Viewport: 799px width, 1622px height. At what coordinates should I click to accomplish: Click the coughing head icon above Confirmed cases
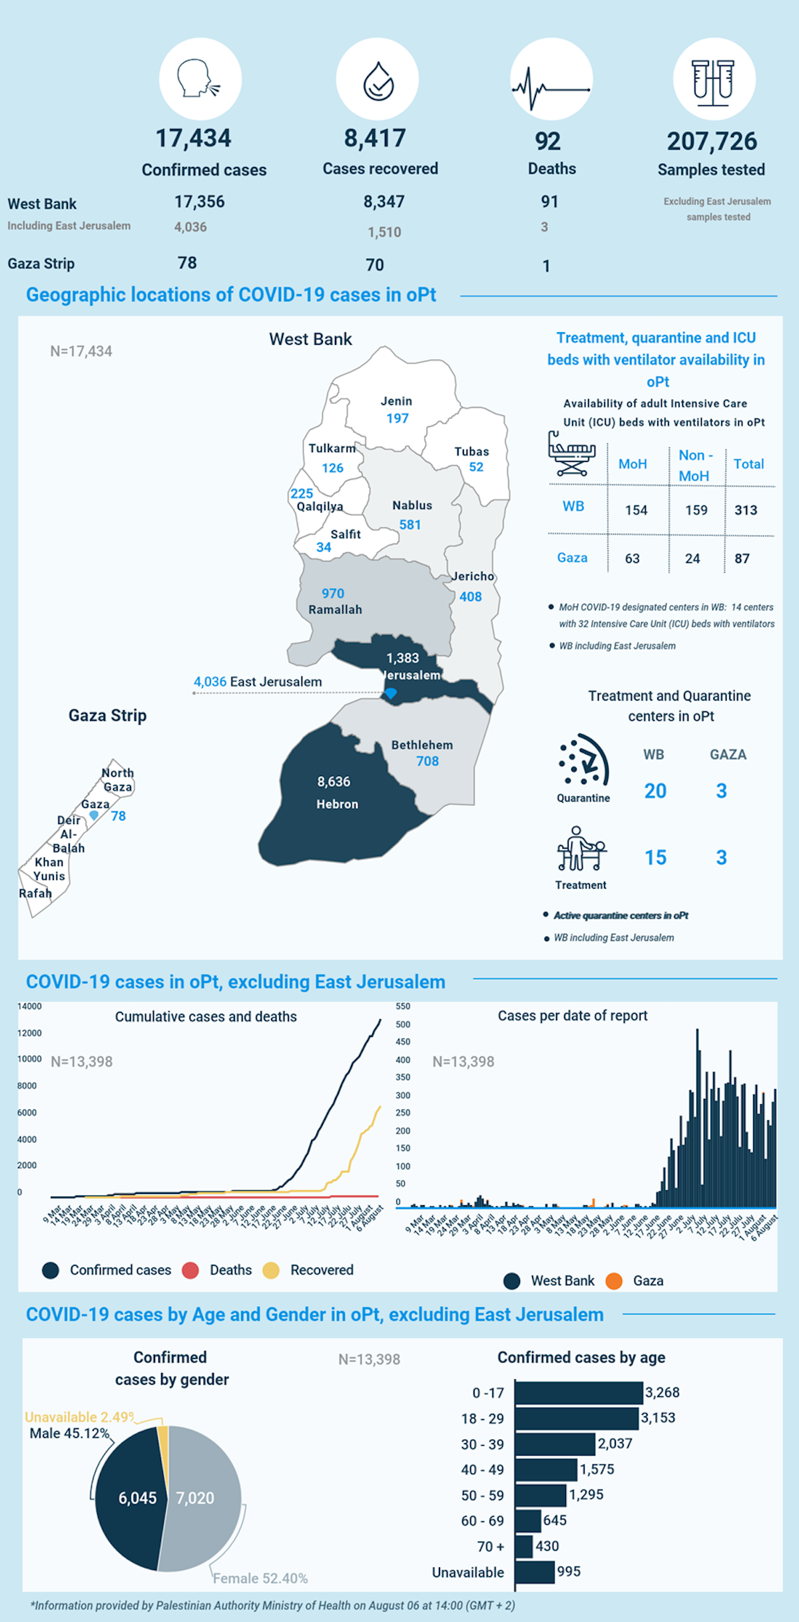point(199,79)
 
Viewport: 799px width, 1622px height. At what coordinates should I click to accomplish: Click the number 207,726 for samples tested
point(712,141)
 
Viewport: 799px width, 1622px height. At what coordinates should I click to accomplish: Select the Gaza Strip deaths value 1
point(546,266)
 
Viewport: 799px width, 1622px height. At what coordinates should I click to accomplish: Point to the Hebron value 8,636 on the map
point(334,781)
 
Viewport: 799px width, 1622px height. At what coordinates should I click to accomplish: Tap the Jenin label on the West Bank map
point(396,401)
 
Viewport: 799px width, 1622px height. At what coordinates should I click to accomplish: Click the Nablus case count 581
point(410,524)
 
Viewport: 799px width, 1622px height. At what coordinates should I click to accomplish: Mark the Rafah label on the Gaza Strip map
point(35,893)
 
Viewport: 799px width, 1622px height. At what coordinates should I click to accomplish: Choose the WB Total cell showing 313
point(746,510)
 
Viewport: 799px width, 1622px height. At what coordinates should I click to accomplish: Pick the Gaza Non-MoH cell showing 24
point(692,558)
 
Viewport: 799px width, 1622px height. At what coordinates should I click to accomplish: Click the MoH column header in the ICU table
point(633,464)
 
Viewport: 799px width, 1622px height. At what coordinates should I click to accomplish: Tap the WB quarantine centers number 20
point(655,791)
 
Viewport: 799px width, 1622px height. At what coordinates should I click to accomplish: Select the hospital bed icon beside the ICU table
point(571,454)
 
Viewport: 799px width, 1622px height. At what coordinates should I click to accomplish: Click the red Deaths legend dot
point(190,1270)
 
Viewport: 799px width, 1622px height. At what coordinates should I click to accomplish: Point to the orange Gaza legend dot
point(614,1281)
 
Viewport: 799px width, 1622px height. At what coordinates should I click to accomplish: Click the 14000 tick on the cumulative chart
point(29,1006)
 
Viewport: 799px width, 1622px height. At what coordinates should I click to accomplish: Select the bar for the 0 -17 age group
point(578,1393)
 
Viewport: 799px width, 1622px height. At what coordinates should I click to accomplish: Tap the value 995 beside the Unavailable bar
point(569,1571)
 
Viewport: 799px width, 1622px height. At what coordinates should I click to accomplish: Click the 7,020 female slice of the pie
point(195,1498)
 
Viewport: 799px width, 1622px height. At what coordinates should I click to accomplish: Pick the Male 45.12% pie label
point(69,1433)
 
